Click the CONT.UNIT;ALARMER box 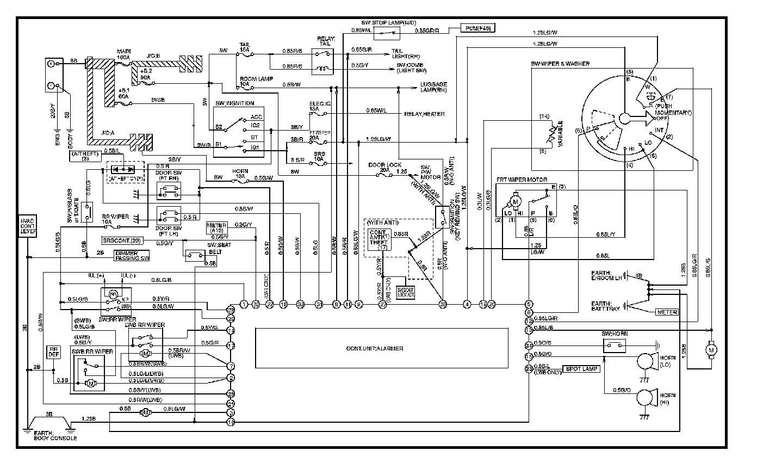pyautogui.click(x=382, y=348)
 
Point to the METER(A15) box pyautogui.click(x=216, y=227)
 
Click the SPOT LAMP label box pyautogui.click(x=582, y=369)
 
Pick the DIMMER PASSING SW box pyautogui.click(x=132, y=255)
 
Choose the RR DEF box pyautogui.click(x=53, y=352)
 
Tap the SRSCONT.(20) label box pyautogui.click(x=122, y=240)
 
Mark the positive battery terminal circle pyautogui.click(x=52, y=64)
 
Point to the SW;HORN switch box pyautogui.click(x=615, y=345)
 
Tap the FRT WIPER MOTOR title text pyautogui.click(x=522, y=180)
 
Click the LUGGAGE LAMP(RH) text pyautogui.click(x=433, y=87)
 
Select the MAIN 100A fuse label pyautogui.click(x=123, y=54)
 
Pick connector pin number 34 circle pyautogui.click(x=528, y=345)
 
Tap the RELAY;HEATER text pyautogui.click(x=424, y=114)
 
